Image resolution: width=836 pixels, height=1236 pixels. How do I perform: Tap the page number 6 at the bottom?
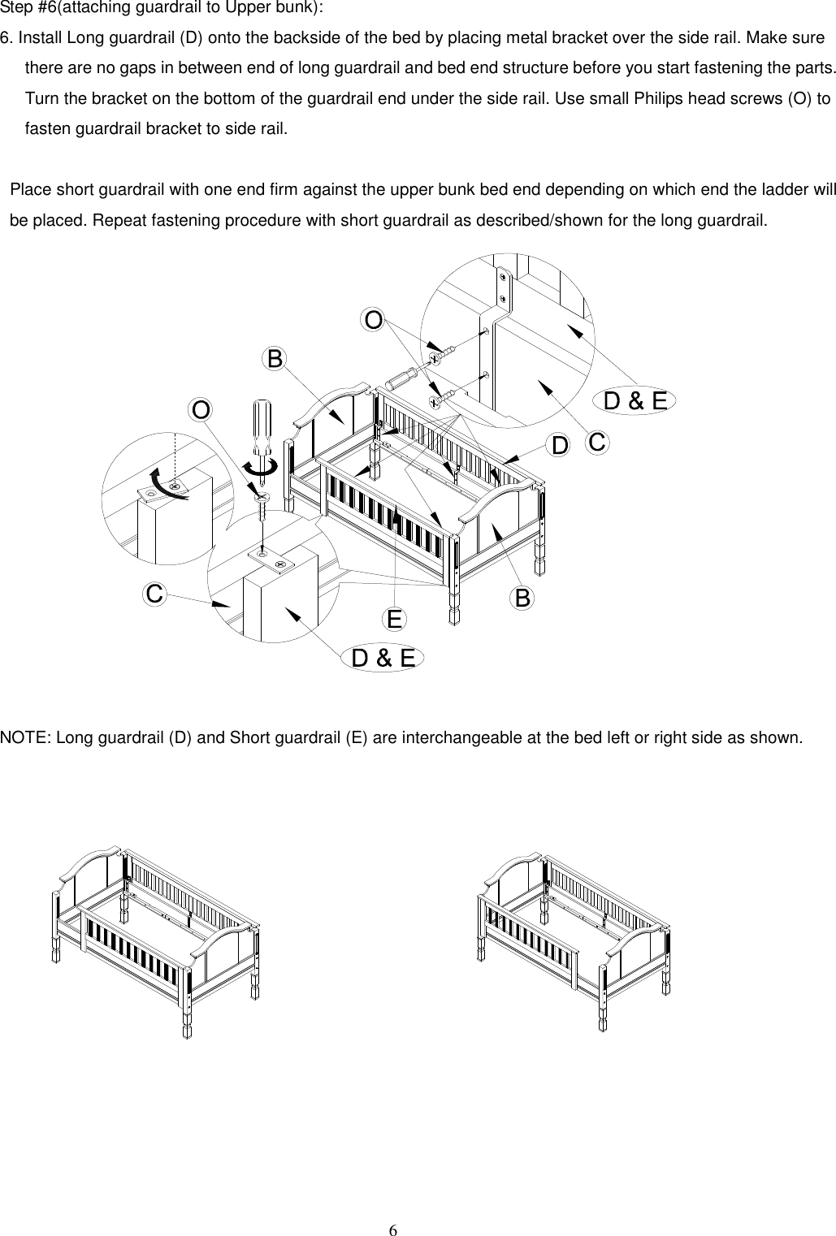(392, 1229)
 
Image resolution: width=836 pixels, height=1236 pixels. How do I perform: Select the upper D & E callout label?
(636, 400)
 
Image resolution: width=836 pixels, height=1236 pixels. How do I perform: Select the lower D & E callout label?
(383, 659)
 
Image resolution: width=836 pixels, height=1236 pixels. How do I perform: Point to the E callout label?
(394, 620)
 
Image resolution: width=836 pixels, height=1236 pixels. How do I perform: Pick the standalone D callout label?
(560, 445)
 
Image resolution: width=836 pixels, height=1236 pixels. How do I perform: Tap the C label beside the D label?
(597, 443)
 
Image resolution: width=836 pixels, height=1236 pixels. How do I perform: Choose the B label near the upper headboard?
(275, 358)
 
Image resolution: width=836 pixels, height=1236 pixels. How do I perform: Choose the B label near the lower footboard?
(522, 599)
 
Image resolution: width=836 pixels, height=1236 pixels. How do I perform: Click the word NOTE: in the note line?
(24, 738)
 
